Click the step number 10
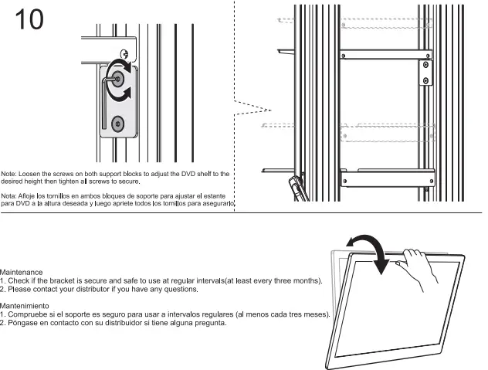click(29, 19)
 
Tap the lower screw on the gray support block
click(117, 124)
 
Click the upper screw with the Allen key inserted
click(117, 78)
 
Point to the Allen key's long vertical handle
click(104, 104)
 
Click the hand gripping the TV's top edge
click(416, 267)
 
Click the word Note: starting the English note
click(10, 175)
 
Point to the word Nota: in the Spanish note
click(10, 196)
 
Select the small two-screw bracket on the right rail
click(425, 72)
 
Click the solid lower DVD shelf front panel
click(386, 172)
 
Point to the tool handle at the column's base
click(297, 188)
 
